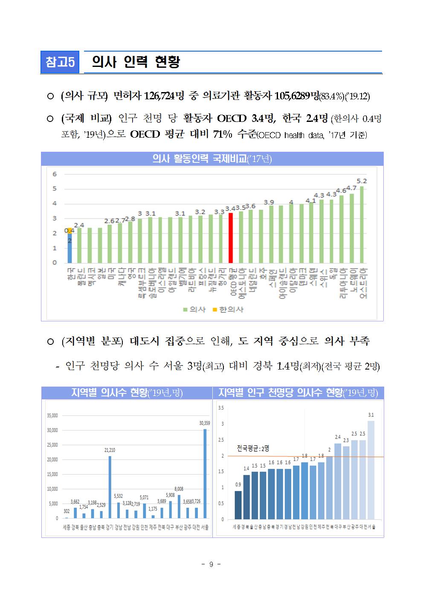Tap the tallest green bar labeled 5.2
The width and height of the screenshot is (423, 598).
click(362, 225)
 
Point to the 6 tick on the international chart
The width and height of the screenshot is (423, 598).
click(55, 174)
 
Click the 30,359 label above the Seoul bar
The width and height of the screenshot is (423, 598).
click(205, 423)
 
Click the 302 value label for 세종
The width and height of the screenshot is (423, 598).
click(67, 511)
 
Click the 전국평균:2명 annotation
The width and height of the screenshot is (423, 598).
click(253, 448)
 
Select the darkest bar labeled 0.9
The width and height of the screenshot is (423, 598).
click(238, 505)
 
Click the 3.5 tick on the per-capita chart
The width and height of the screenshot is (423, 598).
click(221, 408)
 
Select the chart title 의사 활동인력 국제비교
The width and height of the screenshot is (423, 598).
click(212, 159)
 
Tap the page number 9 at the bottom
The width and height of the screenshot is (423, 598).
click(211, 564)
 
